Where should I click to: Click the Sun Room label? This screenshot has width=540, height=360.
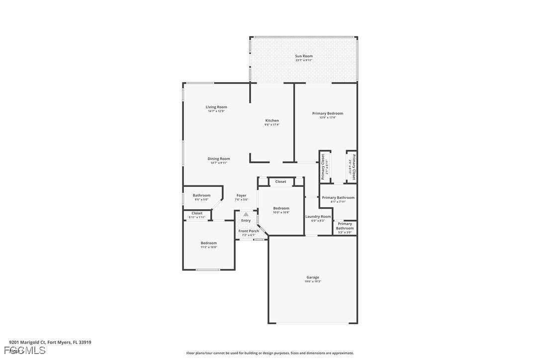point(304,56)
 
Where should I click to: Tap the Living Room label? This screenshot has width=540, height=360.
point(216,107)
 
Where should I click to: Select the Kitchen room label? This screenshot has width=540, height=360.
point(272,121)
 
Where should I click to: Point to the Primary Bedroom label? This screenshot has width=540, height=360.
point(328,113)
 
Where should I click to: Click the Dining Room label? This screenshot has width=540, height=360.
point(219,159)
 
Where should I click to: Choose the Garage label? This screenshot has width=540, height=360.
point(313,277)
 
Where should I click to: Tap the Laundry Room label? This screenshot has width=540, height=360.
point(318,217)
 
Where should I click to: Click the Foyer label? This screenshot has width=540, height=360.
point(241,196)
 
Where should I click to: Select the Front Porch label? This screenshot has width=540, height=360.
point(248,231)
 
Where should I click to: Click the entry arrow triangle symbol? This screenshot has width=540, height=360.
point(246,214)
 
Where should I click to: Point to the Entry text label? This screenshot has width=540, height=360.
point(246,221)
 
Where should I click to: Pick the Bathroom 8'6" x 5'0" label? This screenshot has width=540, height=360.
point(201,196)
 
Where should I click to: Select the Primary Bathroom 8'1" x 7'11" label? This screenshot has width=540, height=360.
point(338,198)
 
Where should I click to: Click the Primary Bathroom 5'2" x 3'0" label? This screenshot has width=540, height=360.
point(345,226)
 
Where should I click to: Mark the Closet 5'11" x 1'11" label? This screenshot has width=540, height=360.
point(197,214)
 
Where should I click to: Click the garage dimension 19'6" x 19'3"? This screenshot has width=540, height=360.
point(313,281)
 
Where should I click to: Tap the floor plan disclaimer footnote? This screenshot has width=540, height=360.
point(270,353)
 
